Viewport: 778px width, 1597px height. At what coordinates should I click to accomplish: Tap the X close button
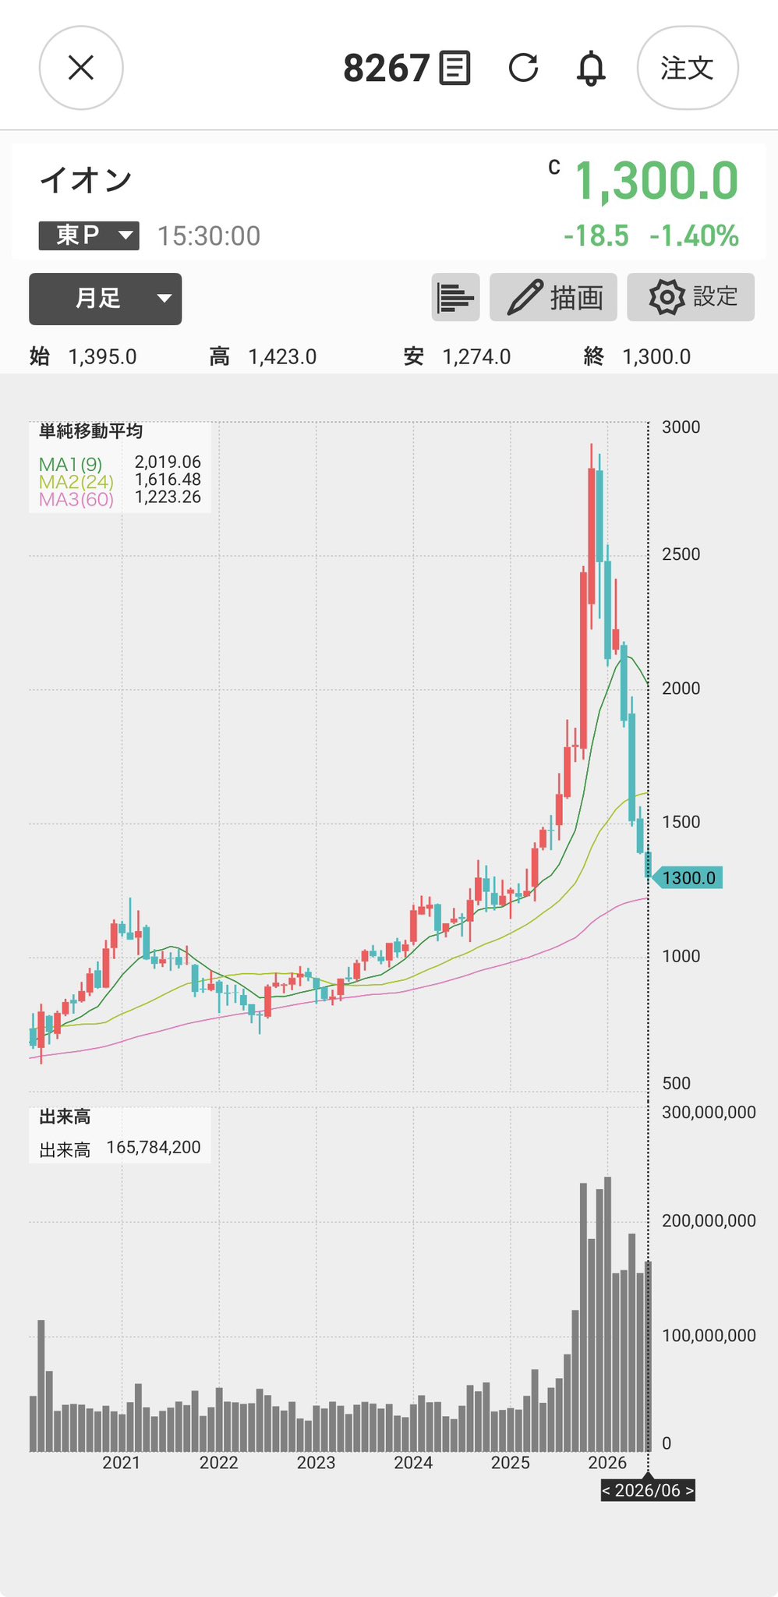[81, 68]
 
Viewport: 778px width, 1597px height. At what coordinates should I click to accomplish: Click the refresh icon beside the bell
[523, 68]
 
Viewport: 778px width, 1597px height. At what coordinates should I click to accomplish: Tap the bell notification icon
[591, 68]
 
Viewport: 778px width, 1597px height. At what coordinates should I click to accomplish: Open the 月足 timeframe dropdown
[105, 299]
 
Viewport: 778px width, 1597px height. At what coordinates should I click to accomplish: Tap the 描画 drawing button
[553, 297]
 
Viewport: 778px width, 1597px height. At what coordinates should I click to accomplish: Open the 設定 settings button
[691, 297]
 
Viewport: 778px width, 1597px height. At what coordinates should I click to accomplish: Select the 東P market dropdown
[89, 235]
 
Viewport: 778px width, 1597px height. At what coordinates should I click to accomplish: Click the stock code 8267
[387, 69]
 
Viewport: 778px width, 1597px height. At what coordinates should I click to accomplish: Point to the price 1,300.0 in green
[656, 181]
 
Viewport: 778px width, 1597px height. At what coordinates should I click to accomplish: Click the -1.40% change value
[695, 236]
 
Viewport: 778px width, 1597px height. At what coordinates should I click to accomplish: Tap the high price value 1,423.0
[282, 357]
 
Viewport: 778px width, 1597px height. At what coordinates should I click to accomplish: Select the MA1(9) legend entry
[70, 464]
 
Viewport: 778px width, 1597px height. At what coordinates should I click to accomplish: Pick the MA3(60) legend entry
[76, 499]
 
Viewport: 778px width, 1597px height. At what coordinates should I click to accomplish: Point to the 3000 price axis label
[681, 427]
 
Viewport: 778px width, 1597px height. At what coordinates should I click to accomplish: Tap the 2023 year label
[316, 1463]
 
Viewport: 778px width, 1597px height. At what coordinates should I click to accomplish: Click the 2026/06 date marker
[647, 1491]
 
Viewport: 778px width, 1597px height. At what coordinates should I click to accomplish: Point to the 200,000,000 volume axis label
[709, 1221]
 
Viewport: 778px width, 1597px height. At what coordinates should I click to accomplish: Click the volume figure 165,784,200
[154, 1148]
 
